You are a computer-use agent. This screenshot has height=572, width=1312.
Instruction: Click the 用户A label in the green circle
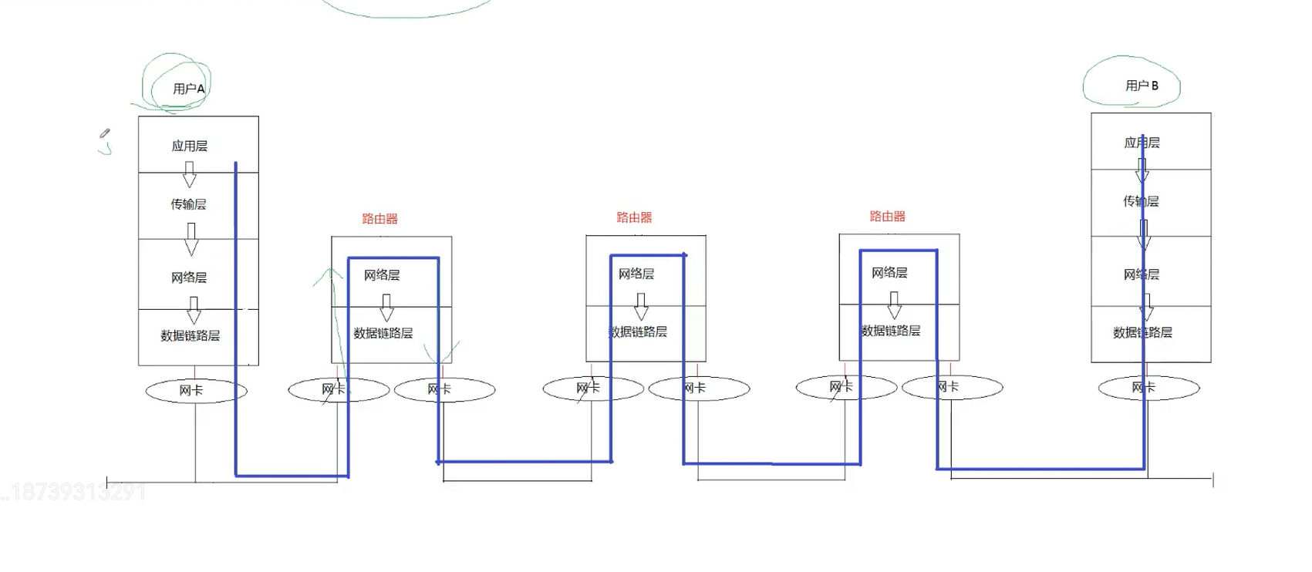point(189,89)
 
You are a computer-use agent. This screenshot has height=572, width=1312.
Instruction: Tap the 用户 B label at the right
point(1142,86)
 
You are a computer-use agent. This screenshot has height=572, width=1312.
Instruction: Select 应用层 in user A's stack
point(189,146)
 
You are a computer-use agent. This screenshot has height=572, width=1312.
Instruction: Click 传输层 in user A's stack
point(188,204)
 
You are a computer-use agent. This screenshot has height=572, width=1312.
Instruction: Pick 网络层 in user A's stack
point(189,278)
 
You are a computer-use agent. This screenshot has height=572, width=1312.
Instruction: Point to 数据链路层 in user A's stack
point(190,335)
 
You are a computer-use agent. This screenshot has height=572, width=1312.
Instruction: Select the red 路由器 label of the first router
point(380,219)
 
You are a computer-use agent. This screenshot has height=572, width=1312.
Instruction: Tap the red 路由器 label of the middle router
point(634,217)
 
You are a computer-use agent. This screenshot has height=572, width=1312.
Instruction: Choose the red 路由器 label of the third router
point(888,217)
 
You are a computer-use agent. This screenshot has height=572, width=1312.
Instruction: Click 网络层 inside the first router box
point(382,275)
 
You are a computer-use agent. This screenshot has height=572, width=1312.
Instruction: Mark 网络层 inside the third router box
point(889,273)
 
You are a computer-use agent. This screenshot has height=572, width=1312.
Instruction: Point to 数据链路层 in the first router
point(383,333)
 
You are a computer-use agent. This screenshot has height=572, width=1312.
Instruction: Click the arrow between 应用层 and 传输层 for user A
point(189,174)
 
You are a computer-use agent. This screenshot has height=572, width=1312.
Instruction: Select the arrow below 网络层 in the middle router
point(641,307)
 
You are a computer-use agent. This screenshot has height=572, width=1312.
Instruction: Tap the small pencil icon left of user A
point(105,133)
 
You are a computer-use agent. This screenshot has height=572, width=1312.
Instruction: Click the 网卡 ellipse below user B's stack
point(1148,388)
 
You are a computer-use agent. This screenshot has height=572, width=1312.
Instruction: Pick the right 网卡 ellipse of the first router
point(444,389)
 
